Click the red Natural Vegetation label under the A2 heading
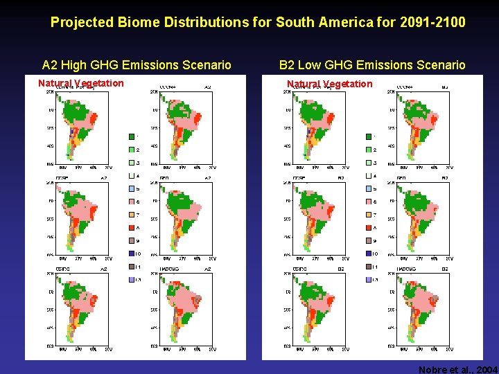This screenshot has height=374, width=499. coord(81,83)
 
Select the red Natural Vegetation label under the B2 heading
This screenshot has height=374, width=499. coord(330,84)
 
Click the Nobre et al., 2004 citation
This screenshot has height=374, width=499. coord(457,370)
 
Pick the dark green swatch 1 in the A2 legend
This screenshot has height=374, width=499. coord(130,136)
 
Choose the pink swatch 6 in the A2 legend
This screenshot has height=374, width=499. coord(130,201)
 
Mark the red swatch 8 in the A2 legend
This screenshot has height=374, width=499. coord(130,227)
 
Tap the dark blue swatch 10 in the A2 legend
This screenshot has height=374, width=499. coord(130,253)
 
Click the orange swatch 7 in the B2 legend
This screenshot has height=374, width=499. coord(367,214)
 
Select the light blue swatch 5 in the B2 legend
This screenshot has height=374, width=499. coord(367,188)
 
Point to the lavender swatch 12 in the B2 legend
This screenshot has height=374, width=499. coord(367,279)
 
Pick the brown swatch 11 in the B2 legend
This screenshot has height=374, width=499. coord(367,267)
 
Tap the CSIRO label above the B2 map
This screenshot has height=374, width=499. coord(300,269)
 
